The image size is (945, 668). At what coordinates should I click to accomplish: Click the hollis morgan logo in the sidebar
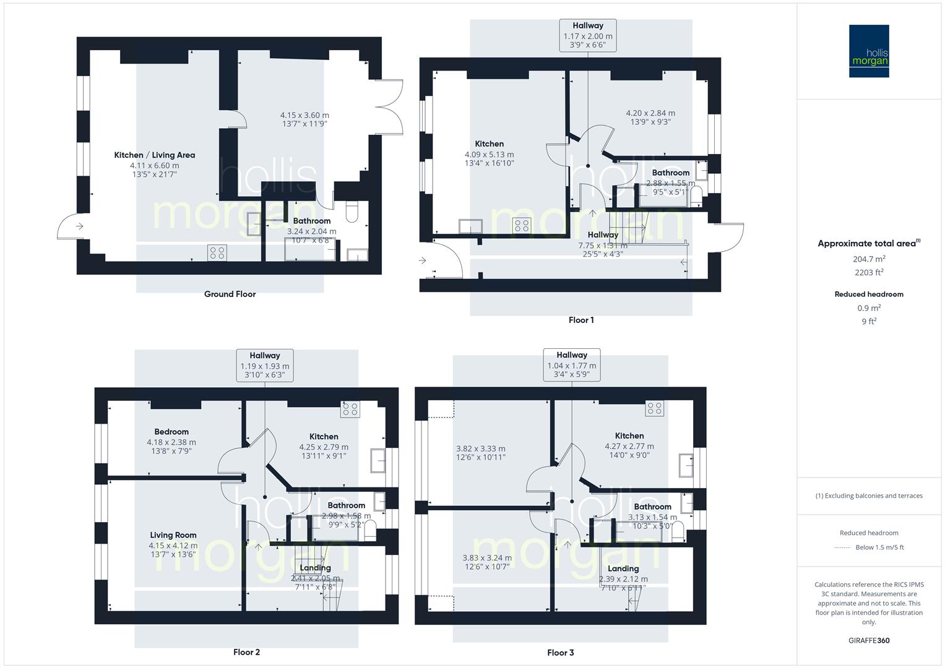click(x=868, y=51)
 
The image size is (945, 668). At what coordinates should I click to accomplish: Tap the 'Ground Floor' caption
click(x=230, y=294)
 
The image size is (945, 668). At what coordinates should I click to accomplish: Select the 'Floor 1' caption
click(x=581, y=320)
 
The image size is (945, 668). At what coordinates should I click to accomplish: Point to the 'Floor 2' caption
click(x=246, y=652)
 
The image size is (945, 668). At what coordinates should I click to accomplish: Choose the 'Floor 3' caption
click(x=561, y=653)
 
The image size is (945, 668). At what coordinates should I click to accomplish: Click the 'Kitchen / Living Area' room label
click(x=155, y=155)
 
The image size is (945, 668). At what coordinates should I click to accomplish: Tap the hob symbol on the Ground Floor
click(x=217, y=252)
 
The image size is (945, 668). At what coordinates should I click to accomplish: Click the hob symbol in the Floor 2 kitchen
click(x=350, y=409)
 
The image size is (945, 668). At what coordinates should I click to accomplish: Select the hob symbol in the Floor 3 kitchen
click(x=654, y=408)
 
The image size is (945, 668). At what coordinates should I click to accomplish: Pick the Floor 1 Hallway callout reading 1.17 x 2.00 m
click(x=588, y=35)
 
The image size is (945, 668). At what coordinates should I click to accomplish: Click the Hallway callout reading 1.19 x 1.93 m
click(x=265, y=366)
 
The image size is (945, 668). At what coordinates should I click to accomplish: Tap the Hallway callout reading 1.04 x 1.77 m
click(x=572, y=365)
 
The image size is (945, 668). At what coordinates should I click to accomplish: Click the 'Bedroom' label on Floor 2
click(x=171, y=432)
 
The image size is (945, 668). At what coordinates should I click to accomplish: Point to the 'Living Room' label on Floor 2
click(x=173, y=535)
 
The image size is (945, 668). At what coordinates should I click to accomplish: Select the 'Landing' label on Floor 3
click(x=623, y=568)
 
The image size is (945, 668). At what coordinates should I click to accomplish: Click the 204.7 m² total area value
click(x=869, y=259)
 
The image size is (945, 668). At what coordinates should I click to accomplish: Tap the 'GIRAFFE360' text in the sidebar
click(x=869, y=641)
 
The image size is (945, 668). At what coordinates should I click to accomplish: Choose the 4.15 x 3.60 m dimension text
click(x=304, y=115)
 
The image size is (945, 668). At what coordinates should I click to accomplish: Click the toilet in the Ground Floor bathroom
click(x=352, y=213)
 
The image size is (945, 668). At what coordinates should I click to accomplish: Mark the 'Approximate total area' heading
click(x=867, y=244)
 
